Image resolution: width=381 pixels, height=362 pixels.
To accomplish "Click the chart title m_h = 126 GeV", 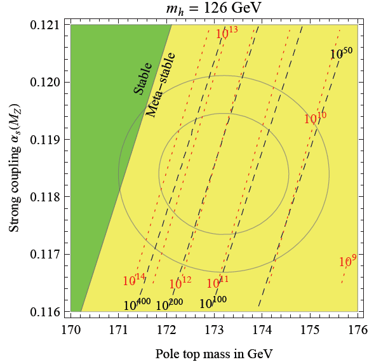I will [x=215, y=10].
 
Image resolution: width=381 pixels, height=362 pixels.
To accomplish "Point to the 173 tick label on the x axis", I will [x=214, y=328].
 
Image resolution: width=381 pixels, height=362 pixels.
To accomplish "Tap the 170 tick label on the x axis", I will [x=70, y=328].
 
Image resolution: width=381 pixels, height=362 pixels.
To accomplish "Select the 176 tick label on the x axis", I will [x=358, y=328].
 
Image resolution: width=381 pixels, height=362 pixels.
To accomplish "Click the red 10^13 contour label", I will [x=227, y=33].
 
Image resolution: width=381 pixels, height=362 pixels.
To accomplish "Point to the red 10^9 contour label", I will [x=347, y=260].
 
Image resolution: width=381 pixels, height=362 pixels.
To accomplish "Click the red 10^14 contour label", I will [x=134, y=280].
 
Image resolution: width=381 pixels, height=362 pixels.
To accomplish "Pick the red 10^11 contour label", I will [x=218, y=282].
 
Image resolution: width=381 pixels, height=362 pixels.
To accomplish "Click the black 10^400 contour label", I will [x=137, y=304].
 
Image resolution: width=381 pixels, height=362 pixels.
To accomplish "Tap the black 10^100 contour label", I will [x=214, y=303].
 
